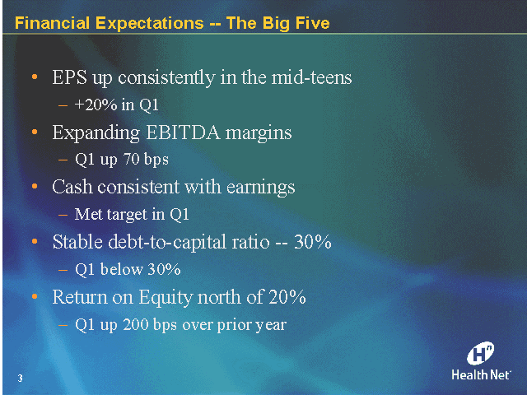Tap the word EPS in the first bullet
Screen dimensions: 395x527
pyautogui.click(x=70, y=78)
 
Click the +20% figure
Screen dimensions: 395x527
pyautogui.click(x=94, y=105)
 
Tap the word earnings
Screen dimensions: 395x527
pyautogui.click(x=260, y=187)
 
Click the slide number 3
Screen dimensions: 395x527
pyautogui.click(x=18, y=377)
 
